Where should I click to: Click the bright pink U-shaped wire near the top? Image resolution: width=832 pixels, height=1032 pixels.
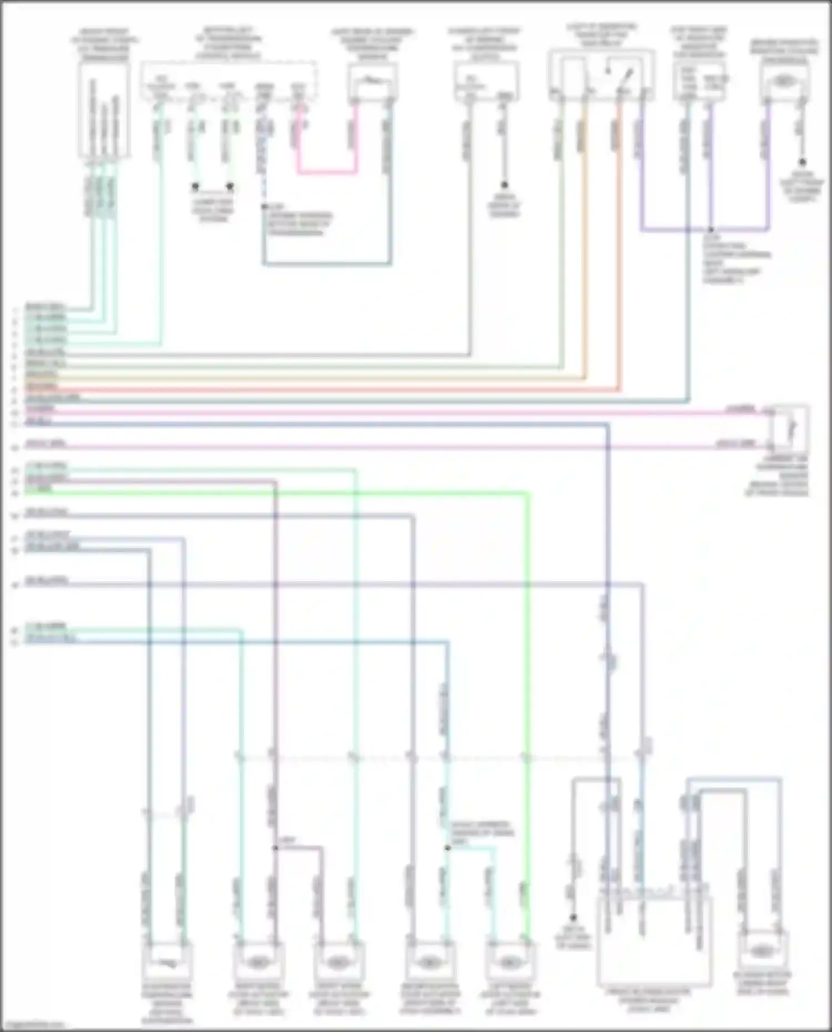point(327,172)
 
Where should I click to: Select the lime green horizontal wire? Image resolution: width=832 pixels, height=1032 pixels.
point(277,492)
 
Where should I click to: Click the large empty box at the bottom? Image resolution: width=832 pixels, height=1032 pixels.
point(655,939)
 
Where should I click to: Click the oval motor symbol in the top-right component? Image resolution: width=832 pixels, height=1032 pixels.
point(783,82)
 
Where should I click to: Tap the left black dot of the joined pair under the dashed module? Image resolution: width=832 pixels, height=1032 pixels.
point(195,186)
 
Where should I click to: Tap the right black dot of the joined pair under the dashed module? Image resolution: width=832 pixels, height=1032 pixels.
point(230,186)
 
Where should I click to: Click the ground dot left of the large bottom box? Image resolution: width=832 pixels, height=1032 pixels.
point(574,917)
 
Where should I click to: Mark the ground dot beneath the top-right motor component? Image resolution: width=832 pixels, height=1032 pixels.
point(801,163)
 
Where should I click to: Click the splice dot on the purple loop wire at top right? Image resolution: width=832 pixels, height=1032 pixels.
point(711,229)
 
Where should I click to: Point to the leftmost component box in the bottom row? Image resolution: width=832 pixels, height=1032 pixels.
point(167,962)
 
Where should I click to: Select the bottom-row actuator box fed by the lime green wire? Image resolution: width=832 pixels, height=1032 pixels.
point(510,962)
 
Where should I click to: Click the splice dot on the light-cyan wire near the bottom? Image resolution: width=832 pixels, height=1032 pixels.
point(447,848)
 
